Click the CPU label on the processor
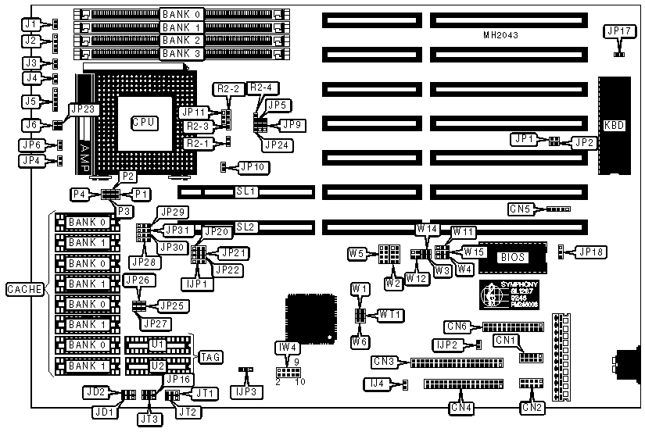(x=144, y=123)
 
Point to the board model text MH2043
(x=501, y=36)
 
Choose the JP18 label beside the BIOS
(x=589, y=252)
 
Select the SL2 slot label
(x=247, y=227)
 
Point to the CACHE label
(x=24, y=290)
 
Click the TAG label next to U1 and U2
(x=211, y=357)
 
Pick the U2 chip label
(x=159, y=365)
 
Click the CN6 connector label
(x=458, y=326)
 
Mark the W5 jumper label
(x=358, y=252)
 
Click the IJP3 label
(x=244, y=389)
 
